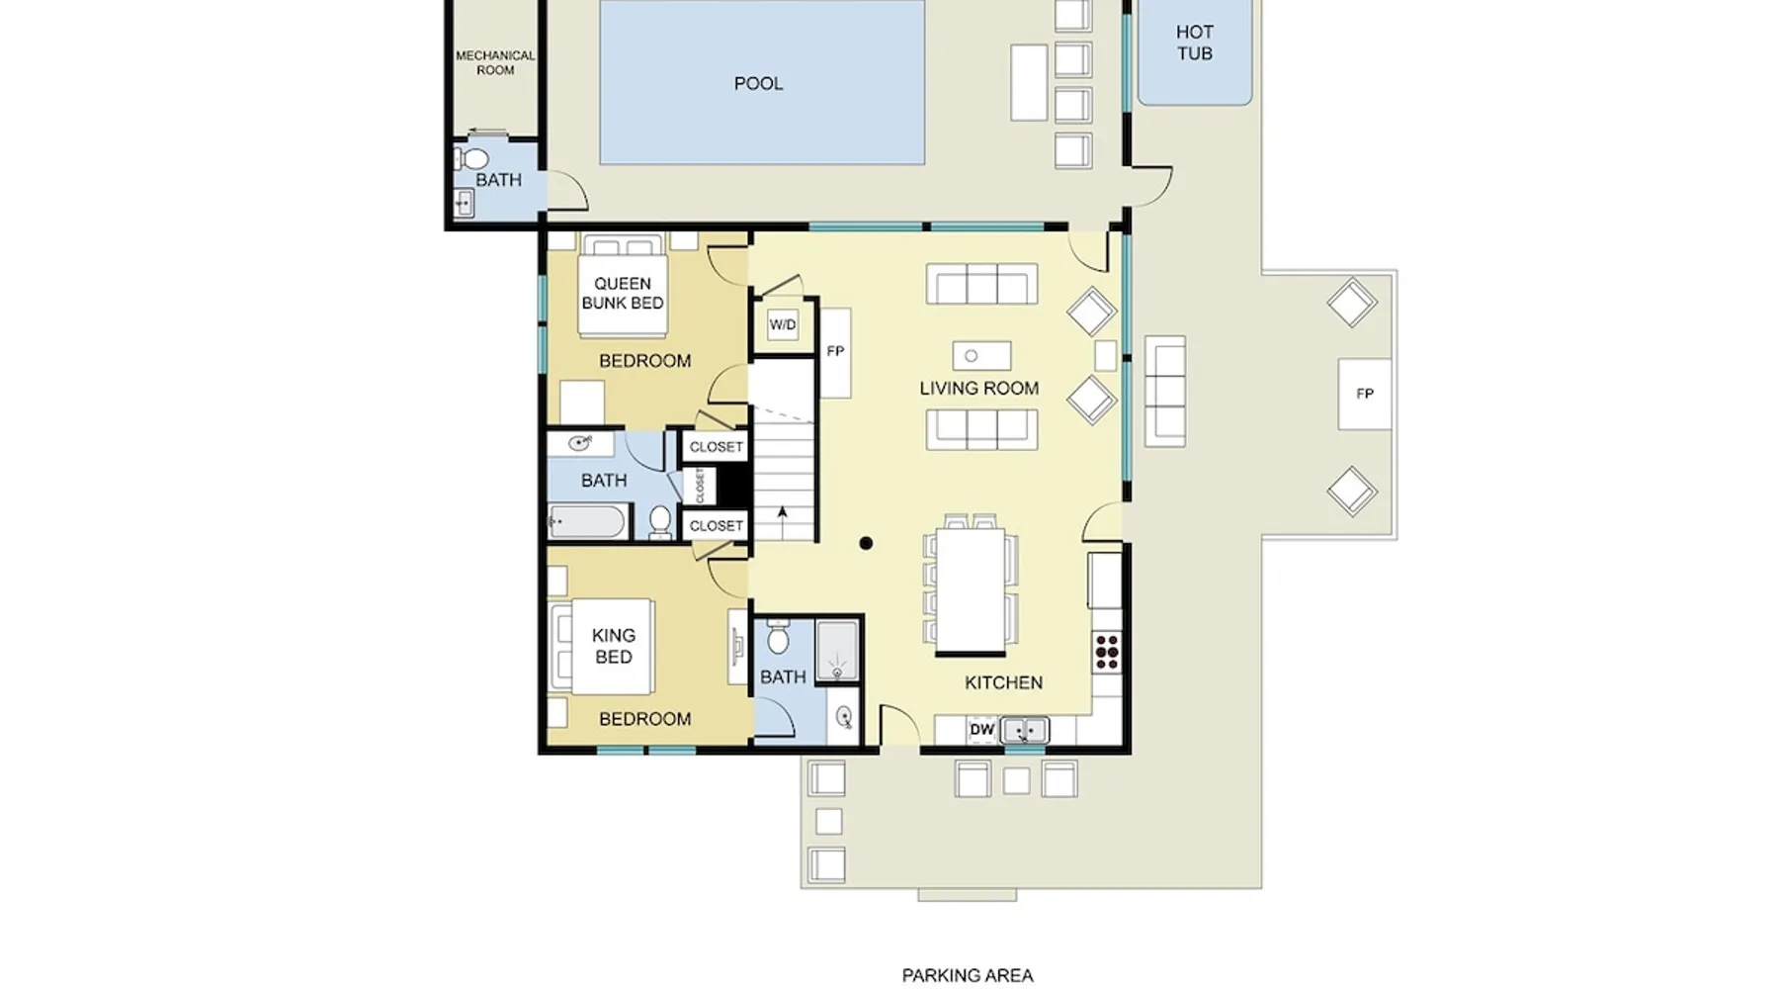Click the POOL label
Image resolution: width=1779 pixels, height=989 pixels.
tap(758, 84)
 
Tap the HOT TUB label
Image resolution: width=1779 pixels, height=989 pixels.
tap(1194, 43)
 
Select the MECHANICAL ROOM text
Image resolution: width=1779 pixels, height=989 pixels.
tap(495, 62)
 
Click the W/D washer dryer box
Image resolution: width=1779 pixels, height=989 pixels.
tap(783, 324)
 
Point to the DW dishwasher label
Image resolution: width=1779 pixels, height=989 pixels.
tap(981, 730)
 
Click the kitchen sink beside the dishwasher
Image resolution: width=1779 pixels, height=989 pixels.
tap(1024, 731)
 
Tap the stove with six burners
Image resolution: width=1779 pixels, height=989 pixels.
tap(1107, 653)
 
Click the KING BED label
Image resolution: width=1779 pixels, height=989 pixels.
tap(613, 646)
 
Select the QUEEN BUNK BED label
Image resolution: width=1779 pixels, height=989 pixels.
tap(623, 293)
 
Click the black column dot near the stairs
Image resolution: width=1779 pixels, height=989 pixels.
tap(866, 543)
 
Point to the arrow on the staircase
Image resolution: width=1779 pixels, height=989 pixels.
tap(783, 523)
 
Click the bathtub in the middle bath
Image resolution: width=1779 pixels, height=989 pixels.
tap(587, 522)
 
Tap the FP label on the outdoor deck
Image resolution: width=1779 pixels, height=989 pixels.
tap(1365, 394)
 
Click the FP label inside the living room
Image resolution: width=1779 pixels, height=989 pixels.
tap(835, 351)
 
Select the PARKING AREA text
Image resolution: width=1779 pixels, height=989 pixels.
tap(968, 976)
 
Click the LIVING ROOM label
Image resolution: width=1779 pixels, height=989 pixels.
tap(979, 389)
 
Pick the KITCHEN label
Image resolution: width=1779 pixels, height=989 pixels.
tap(1003, 682)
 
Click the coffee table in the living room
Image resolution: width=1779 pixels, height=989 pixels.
tap(981, 356)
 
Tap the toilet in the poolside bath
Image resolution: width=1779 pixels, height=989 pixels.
tap(471, 158)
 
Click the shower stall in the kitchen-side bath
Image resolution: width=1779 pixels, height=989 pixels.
tap(838, 652)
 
